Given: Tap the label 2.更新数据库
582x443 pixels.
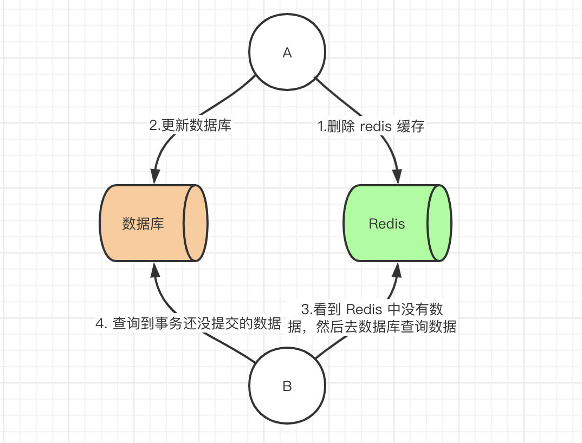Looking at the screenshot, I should pyautogui.click(x=190, y=126).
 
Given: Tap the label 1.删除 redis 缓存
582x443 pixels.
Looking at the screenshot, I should pyautogui.click(x=371, y=127).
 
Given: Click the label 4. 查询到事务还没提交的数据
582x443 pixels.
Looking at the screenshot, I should pyautogui.click(x=188, y=324).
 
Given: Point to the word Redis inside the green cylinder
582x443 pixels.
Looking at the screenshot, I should pyautogui.click(x=386, y=224).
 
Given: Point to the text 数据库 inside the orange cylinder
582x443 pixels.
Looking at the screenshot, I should pyautogui.click(x=143, y=224).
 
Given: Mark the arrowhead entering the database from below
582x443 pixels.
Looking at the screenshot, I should pyautogui.click(x=155, y=270).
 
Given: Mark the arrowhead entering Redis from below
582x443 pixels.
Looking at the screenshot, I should pyautogui.click(x=398, y=270).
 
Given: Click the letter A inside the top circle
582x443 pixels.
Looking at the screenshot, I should pyautogui.click(x=287, y=53).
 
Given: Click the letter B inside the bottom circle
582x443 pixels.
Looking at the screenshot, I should pyautogui.click(x=287, y=386).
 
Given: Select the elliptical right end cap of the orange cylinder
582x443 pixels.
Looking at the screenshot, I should pyautogui.click(x=196, y=224).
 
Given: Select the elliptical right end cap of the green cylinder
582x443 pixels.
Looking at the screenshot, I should pyautogui.click(x=439, y=224).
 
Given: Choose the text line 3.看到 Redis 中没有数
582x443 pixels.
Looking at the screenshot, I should pyautogui.click(x=372, y=310).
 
